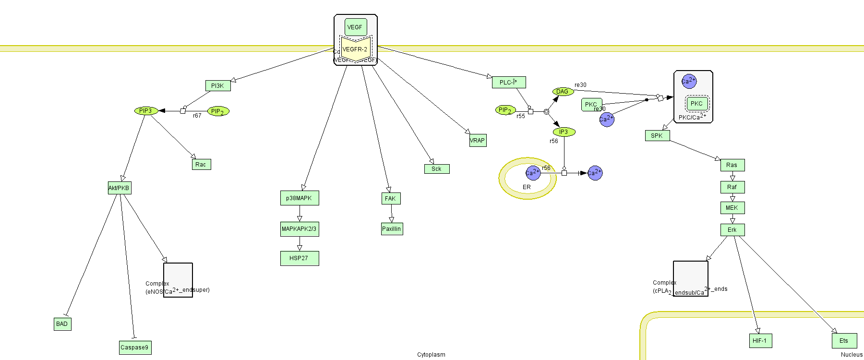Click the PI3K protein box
pyautogui.click(x=217, y=86)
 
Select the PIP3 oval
pyautogui.click(x=145, y=111)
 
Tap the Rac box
pyautogui.click(x=201, y=165)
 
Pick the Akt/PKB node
pyautogui.click(x=119, y=188)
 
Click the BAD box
pyautogui.click(x=62, y=324)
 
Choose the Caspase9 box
pyautogui.click(x=135, y=348)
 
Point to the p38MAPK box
pyautogui.click(x=299, y=198)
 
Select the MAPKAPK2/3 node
pyautogui.click(x=299, y=229)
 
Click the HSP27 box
pyautogui.click(x=299, y=258)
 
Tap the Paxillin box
pyautogui.click(x=392, y=229)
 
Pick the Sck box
pyautogui.click(x=436, y=169)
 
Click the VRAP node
pyautogui.click(x=478, y=141)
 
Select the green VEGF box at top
pyautogui.click(x=355, y=27)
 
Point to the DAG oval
pyautogui.click(x=563, y=92)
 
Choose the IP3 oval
pyautogui.click(x=564, y=132)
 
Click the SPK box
pyautogui.click(x=657, y=136)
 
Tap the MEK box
pyautogui.click(x=732, y=208)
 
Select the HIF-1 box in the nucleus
pyautogui.click(x=760, y=341)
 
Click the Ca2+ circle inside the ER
pyautogui.click(x=533, y=173)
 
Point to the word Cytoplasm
pyautogui.click(x=431, y=355)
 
